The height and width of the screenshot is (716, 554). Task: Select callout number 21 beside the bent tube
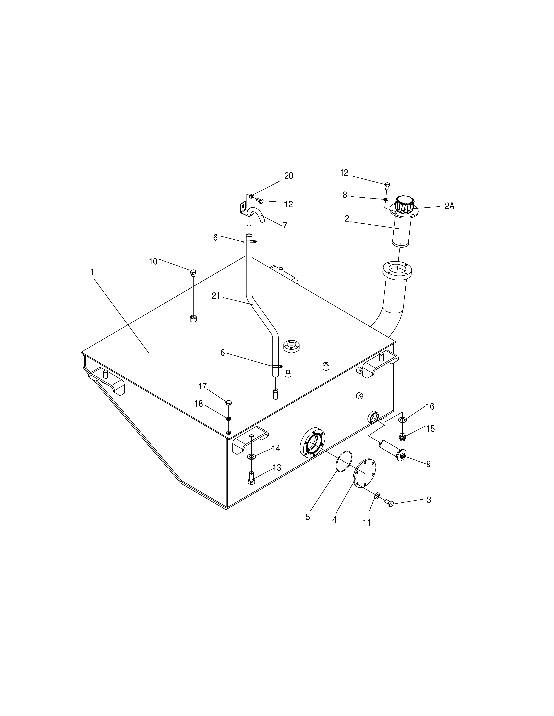coord(216,296)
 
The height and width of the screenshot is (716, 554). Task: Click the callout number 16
coord(430,407)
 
